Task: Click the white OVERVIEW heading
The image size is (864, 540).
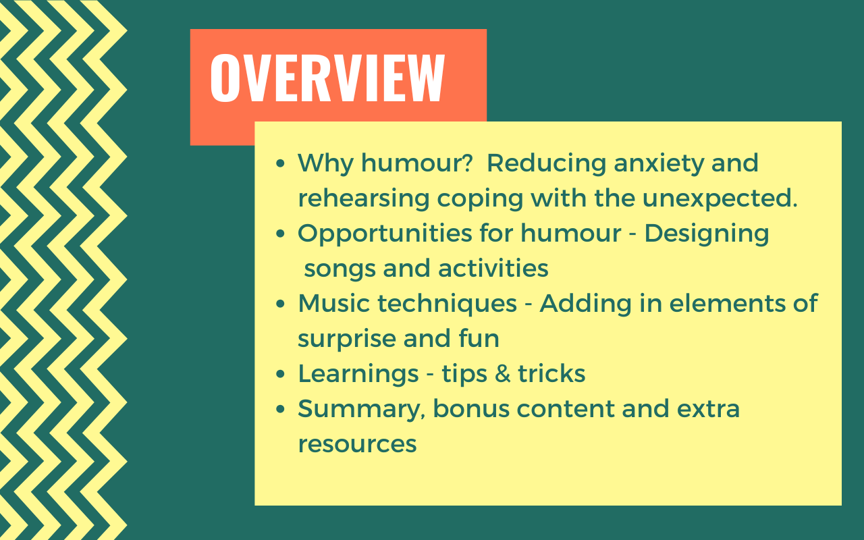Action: click(327, 78)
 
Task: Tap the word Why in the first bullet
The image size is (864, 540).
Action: click(325, 163)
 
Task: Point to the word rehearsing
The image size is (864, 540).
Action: click(364, 199)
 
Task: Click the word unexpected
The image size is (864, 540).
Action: click(720, 198)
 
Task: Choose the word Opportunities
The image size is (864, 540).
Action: click(385, 234)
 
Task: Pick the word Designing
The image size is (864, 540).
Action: click(707, 234)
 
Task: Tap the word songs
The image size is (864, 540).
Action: click(340, 269)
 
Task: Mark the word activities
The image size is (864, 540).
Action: click(493, 268)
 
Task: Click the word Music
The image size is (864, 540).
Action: click(334, 304)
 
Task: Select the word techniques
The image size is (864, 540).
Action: click(448, 304)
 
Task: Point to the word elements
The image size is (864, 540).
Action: click(727, 304)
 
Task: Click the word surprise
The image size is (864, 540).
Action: click(347, 340)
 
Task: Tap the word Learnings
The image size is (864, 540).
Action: click(358, 375)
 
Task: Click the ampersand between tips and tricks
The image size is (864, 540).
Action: click(503, 374)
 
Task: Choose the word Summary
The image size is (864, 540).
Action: click(361, 410)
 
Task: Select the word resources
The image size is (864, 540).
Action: click(358, 444)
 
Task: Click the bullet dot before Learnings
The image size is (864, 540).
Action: click(280, 374)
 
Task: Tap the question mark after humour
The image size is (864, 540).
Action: click(466, 163)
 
